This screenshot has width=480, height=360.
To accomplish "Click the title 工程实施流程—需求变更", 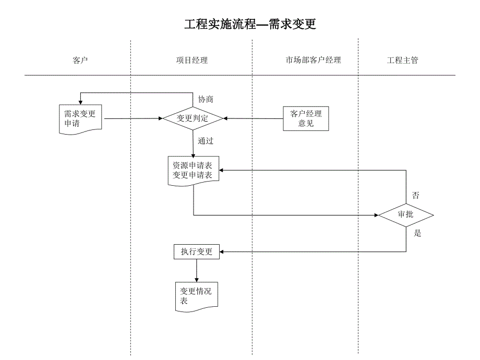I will [250, 25].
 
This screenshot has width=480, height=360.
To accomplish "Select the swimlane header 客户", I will [80, 60].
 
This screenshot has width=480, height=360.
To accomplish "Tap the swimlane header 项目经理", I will [191, 60].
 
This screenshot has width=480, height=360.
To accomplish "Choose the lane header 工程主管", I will [402, 60].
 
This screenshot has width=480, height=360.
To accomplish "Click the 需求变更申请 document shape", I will [80, 118].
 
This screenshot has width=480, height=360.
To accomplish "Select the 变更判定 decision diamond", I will [193, 118].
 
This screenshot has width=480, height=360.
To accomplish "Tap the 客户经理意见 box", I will [306, 118].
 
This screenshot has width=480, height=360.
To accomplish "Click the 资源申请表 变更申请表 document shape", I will [193, 171].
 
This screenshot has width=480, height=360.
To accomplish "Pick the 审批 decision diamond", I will [405, 214].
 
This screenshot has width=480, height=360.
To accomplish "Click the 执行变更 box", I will [197, 252].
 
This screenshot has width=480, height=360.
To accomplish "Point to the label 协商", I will [205, 99].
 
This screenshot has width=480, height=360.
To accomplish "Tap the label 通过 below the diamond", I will [206, 141].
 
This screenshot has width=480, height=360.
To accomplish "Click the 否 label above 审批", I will [415, 196].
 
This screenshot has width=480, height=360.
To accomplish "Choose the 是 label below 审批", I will [417, 233].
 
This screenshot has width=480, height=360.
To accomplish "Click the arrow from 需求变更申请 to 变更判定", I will [133, 118].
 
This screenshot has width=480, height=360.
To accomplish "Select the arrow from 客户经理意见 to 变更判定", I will [253, 118].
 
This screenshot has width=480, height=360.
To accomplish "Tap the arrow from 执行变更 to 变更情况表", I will [197, 270].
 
